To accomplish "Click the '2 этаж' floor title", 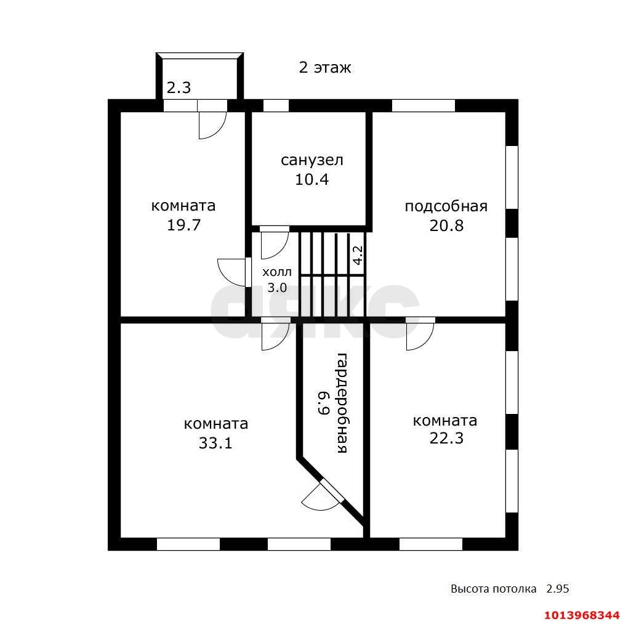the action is [x=325, y=67].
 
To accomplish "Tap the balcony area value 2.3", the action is [x=179, y=87].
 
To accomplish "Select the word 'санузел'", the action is [x=312, y=160].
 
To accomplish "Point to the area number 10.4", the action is [x=312, y=179].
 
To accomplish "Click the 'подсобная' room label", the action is [x=446, y=206].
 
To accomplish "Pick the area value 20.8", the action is [x=446, y=225].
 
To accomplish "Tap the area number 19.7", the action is [x=183, y=225].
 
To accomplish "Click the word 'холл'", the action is [x=277, y=272].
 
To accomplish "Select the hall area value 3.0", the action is [x=277, y=288].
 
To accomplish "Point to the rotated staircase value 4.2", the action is [x=358, y=255].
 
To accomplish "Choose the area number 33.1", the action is [x=215, y=444].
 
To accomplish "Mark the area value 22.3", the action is [x=446, y=438].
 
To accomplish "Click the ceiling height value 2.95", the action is [x=557, y=588].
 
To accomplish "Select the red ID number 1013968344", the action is [x=582, y=615].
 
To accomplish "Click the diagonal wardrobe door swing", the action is [x=323, y=496].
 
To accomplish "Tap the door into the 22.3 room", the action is [x=420, y=334].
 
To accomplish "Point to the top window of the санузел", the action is [x=276, y=105].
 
